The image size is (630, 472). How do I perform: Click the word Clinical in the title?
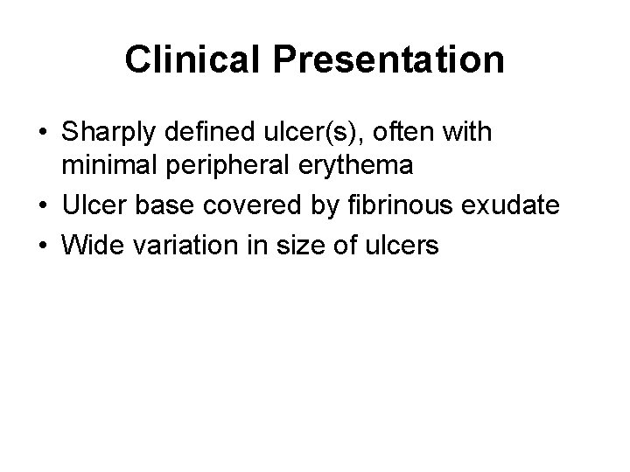coord(182,60)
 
